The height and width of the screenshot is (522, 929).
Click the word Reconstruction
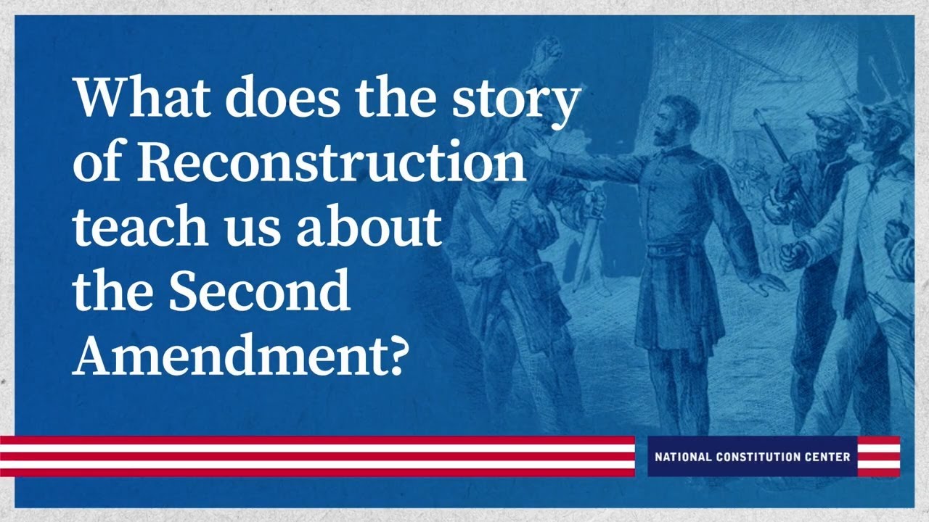[x=331, y=161]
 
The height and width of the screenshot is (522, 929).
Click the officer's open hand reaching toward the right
[x=769, y=285]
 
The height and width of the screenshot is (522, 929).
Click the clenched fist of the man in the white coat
[x=793, y=254]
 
